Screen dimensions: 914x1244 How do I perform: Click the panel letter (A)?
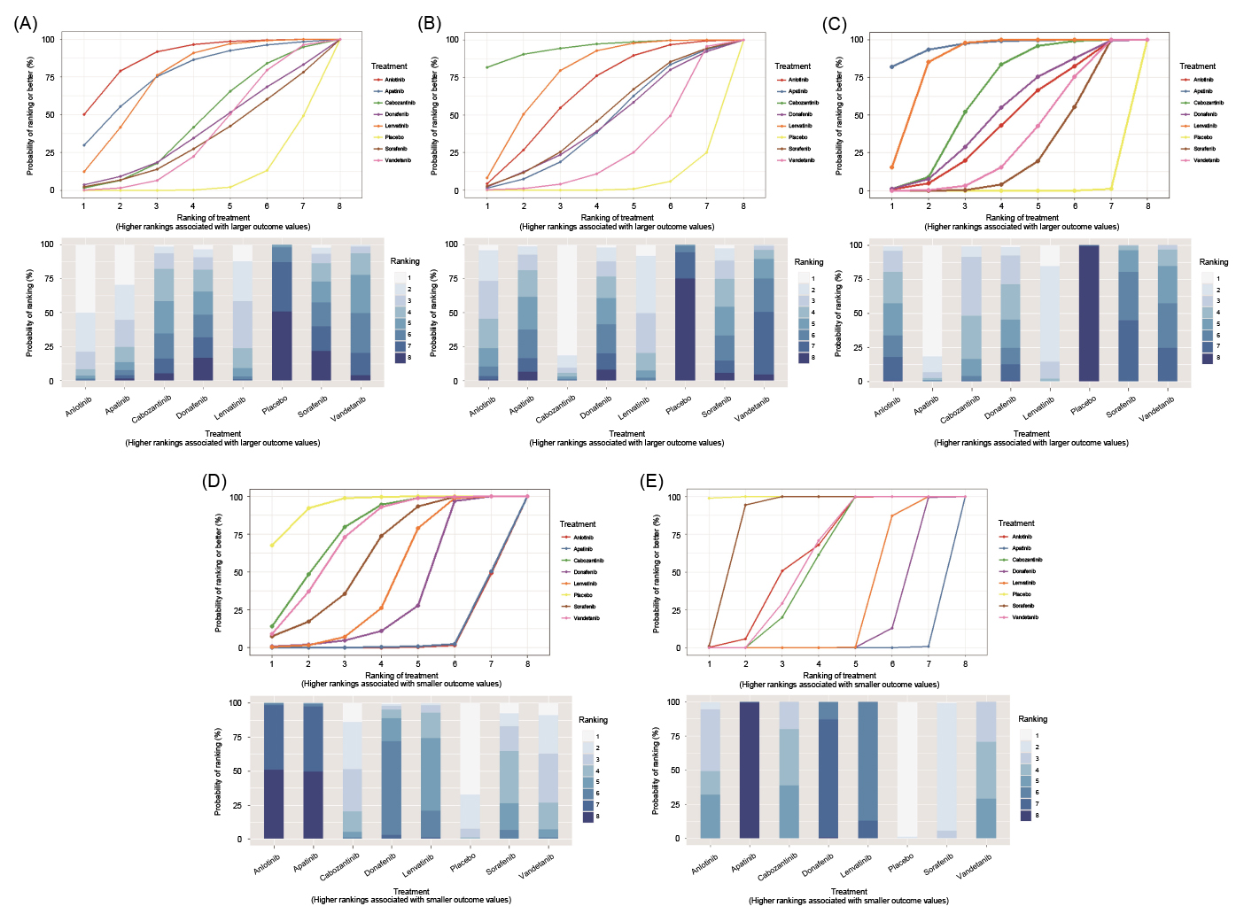[x=25, y=24]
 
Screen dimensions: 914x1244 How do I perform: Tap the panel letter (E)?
[x=651, y=481]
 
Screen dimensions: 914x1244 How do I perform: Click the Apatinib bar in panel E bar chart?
[x=750, y=770]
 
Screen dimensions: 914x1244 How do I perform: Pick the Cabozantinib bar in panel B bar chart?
[x=567, y=313]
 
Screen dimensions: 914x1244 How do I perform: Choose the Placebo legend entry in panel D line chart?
[x=583, y=595]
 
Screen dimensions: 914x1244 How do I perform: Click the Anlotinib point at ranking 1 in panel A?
[x=84, y=114]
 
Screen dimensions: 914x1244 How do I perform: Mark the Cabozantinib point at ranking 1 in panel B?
[x=487, y=67]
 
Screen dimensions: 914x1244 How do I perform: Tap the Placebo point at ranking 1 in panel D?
[x=272, y=545]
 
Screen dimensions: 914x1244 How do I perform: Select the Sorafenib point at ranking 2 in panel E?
[x=745, y=505]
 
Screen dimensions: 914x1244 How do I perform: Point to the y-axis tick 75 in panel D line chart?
[x=236, y=535]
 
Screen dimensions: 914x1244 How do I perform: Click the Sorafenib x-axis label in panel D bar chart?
[x=501, y=864]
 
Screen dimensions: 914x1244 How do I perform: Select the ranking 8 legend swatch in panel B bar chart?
[x=800, y=358]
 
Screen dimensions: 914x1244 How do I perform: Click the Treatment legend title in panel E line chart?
[x=1015, y=523]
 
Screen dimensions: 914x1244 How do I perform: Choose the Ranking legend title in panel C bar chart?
[x=1213, y=262]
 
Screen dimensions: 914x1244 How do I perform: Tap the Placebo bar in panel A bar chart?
[x=282, y=313]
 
